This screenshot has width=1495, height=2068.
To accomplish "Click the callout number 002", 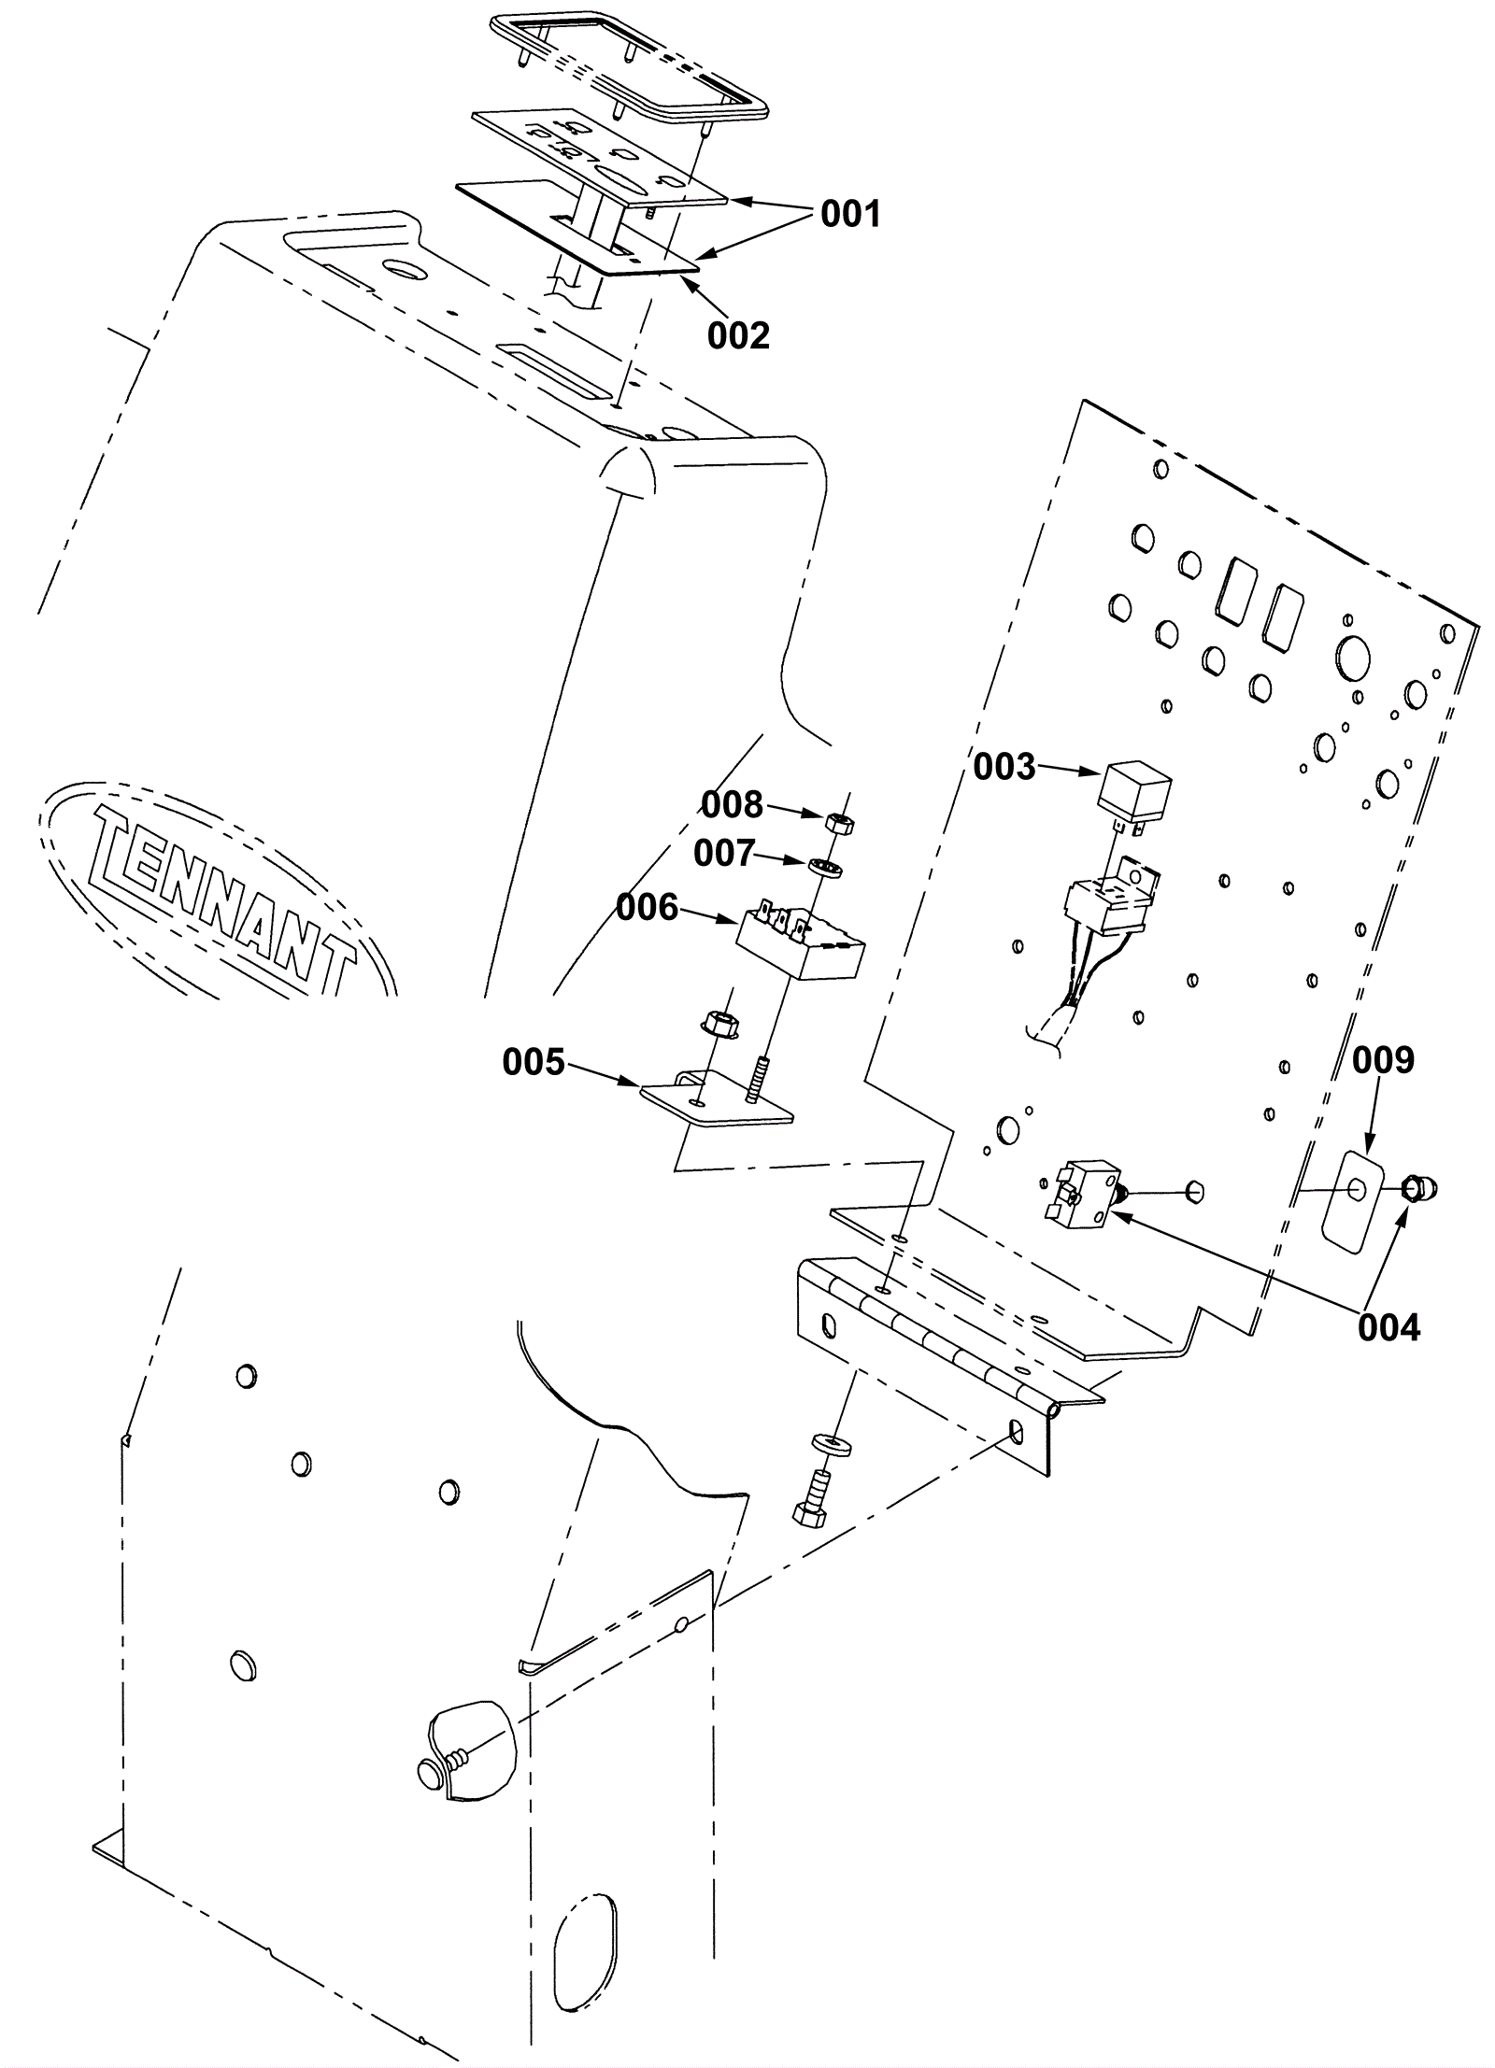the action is pos(738,335).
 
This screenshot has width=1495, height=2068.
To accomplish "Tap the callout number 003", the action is pos(1004,767).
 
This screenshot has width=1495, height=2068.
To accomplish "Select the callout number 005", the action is pos(534,1062).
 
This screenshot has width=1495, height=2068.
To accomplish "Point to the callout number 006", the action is pos(648,907).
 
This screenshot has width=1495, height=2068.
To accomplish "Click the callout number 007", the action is pos(724,853).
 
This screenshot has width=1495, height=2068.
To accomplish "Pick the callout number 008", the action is pos(733,803).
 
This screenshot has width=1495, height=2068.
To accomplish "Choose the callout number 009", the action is pos(1384,1060).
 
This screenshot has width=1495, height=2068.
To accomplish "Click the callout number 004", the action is pos(1388,1327).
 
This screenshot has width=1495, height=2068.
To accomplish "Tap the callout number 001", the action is pos(850,215).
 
